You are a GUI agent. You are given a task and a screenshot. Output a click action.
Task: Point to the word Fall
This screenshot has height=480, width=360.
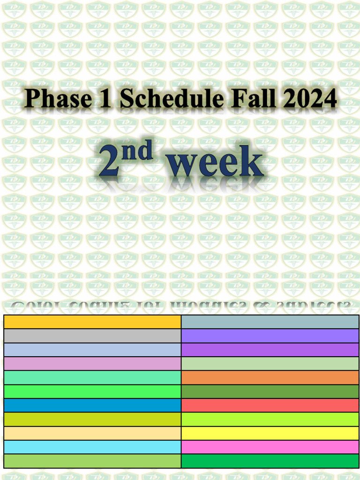(x=248, y=99)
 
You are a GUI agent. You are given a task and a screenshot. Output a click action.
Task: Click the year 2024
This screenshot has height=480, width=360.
(x=309, y=99)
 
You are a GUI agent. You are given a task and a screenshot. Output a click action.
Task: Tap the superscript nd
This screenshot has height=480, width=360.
(x=139, y=151)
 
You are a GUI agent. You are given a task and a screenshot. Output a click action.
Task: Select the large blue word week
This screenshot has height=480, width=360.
(x=215, y=164)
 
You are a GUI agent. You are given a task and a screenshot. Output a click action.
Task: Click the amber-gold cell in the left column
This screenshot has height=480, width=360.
(x=92, y=322)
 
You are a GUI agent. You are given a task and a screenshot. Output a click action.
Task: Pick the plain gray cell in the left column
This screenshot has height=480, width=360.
(x=92, y=336)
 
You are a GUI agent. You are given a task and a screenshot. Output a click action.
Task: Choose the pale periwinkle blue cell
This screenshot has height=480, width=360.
(x=92, y=350)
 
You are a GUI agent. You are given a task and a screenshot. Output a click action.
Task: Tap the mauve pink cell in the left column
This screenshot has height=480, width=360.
(x=92, y=364)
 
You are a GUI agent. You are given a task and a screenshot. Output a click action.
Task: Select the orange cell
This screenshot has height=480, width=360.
(x=270, y=378)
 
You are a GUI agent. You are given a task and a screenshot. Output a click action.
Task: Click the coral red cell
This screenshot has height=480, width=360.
(x=270, y=405)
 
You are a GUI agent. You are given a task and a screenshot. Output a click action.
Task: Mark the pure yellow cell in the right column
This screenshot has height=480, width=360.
(x=270, y=433)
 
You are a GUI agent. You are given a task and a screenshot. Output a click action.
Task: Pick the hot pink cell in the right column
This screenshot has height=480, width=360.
(x=270, y=447)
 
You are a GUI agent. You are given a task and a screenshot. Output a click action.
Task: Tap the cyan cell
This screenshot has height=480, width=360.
(x=92, y=447)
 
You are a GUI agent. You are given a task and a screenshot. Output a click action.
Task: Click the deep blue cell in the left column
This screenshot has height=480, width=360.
(x=92, y=405)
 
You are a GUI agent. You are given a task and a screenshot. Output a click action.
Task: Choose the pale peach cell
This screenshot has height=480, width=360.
(x=92, y=433)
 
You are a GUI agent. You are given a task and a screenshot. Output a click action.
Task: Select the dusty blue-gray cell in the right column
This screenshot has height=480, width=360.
(x=270, y=322)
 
